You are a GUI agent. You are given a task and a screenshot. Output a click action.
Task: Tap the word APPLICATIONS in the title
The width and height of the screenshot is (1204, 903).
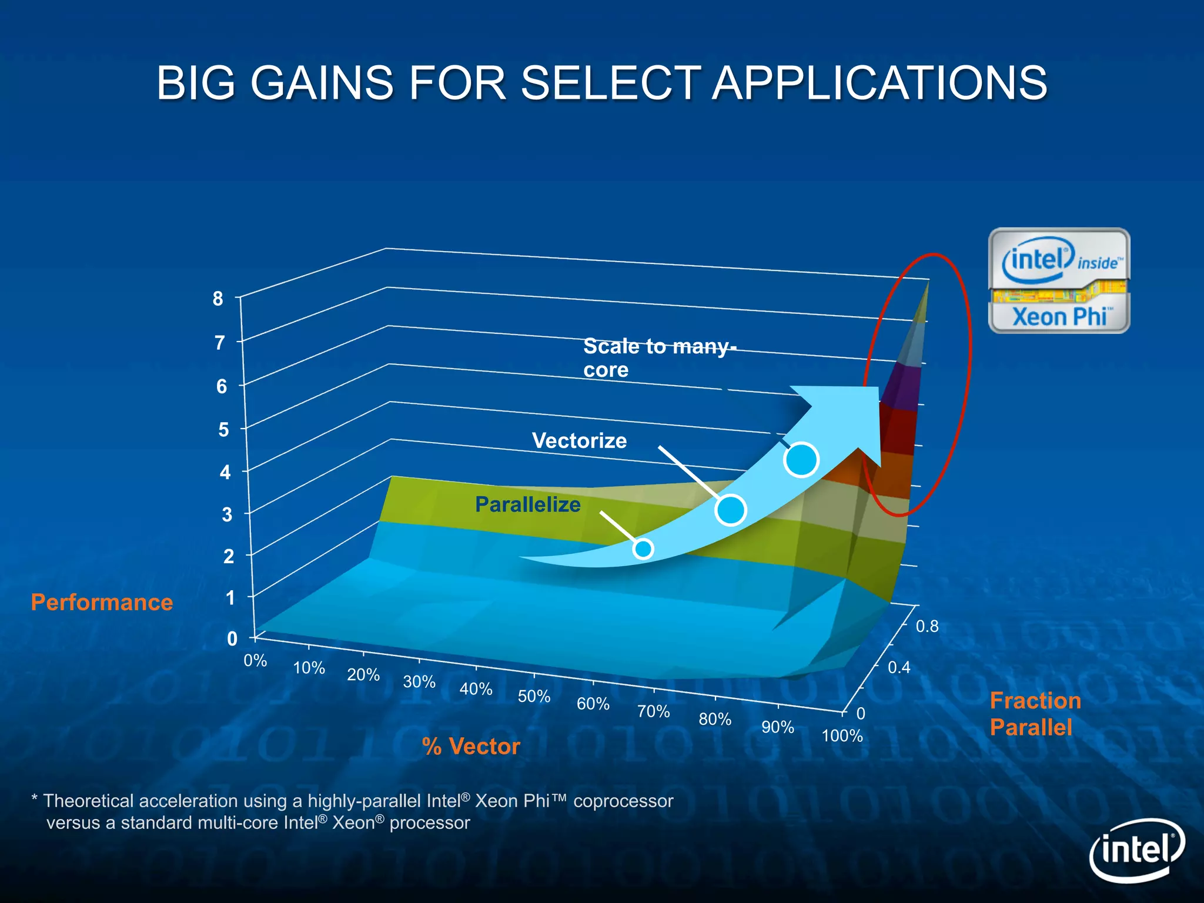(x=879, y=83)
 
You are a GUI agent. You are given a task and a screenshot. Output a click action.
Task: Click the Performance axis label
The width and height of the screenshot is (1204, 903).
(x=102, y=603)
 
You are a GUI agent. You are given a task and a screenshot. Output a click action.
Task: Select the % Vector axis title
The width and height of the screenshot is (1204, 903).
(x=471, y=747)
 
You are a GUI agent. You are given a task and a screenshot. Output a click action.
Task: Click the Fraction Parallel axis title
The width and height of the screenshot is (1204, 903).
(x=1035, y=714)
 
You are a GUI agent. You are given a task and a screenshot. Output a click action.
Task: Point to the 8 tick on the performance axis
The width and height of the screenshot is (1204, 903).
(x=218, y=299)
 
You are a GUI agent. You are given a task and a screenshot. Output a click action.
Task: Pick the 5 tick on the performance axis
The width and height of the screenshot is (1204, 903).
(x=223, y=430)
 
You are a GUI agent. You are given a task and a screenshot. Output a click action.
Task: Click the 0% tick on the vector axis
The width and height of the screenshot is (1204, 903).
(x=255, y=661)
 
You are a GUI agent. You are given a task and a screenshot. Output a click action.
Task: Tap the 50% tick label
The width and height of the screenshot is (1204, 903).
(x=534, y=697)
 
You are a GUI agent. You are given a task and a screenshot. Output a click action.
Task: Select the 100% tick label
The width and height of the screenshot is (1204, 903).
(x=842, y=736)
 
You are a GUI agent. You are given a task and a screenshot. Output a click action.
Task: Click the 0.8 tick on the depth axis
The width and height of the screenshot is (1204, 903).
(x=927, y=627)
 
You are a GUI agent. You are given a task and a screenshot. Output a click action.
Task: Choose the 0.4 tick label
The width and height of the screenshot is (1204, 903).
(x=899, y=667)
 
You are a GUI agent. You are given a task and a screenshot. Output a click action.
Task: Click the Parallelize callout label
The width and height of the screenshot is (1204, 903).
(x=527, y=505)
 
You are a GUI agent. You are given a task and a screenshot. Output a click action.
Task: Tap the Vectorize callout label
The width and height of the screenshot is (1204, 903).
(x=579, y=441)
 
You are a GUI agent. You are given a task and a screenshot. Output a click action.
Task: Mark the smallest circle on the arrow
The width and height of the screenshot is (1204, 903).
(x=643, y=549)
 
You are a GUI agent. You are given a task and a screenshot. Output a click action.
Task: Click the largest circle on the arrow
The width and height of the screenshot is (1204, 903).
(x=801, y=459)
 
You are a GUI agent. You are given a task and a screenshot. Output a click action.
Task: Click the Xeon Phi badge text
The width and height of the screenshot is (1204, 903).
(x=1059, y=317)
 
